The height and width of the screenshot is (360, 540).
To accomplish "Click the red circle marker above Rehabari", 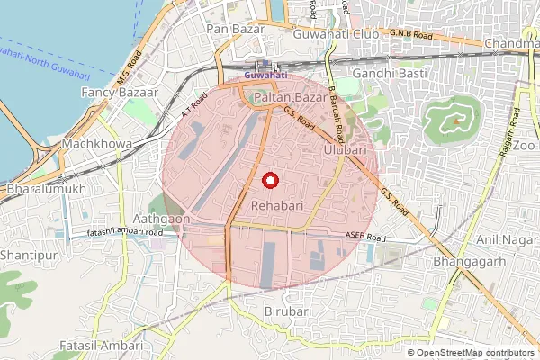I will (268, 181).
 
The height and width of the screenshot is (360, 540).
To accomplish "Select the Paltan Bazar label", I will (283, 96).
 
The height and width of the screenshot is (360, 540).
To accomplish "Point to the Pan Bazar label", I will (235, 30).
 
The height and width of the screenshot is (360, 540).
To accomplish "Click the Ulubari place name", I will (345, 150).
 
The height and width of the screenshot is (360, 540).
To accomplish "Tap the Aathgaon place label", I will (161, 219).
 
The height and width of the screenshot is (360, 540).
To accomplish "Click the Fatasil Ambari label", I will (100, 346).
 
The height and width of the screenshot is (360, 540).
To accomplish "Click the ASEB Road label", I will (364, 238).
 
